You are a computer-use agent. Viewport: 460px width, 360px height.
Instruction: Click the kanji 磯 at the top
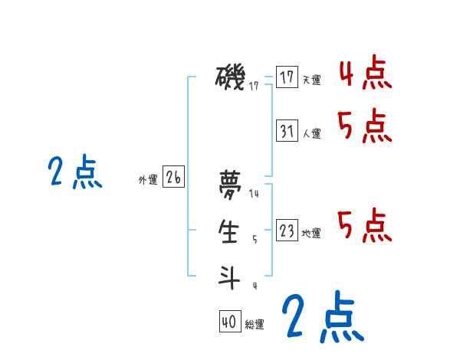coord(230,77)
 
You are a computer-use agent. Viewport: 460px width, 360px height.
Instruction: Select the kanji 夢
coord(229,184)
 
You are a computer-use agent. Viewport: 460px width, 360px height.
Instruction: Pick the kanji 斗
coord(229,275)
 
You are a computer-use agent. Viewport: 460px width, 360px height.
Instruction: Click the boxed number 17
coord(286,77)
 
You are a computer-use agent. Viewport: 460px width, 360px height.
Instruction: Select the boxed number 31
coord(286,131)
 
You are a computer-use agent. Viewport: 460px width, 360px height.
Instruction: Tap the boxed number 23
coord(286,231)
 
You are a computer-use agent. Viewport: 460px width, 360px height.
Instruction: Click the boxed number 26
coord(173,178)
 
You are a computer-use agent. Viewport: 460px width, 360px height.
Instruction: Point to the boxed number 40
coord(229,322)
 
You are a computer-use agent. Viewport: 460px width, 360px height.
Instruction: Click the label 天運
coord(311,80)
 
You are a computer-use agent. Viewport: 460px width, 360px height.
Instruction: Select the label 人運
coord(311,133)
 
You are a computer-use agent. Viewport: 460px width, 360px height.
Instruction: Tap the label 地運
coord(311,233)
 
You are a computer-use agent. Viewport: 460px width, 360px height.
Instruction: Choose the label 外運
coord(147,180)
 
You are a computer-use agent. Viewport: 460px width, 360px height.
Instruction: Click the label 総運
coord(255,325)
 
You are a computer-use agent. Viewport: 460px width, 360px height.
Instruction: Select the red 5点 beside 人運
coord(365,126)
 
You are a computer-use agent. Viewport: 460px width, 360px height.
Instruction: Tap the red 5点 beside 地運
coord(365,225)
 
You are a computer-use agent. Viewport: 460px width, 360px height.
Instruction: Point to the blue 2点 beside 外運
coord(74,172)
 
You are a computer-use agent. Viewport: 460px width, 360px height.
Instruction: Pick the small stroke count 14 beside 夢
coord(254,194)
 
